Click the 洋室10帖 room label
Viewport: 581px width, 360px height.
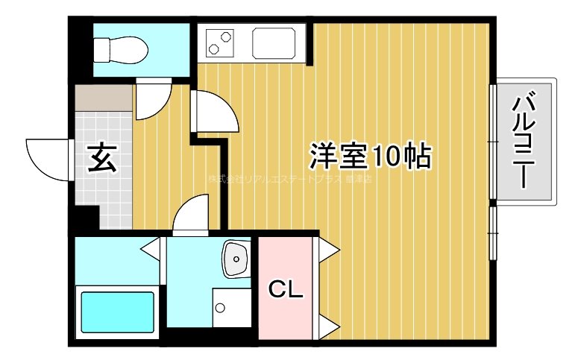point(370,157)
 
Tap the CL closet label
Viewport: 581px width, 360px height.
point(286,289)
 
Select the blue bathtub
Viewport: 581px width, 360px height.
point(116,314)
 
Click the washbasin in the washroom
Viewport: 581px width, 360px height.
point(236,259)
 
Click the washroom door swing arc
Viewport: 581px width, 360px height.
point(191,214)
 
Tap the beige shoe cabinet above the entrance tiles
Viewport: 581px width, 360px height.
point(103,97)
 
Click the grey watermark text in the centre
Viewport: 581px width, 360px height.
point(289,180)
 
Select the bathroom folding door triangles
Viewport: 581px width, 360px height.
point(152,250)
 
